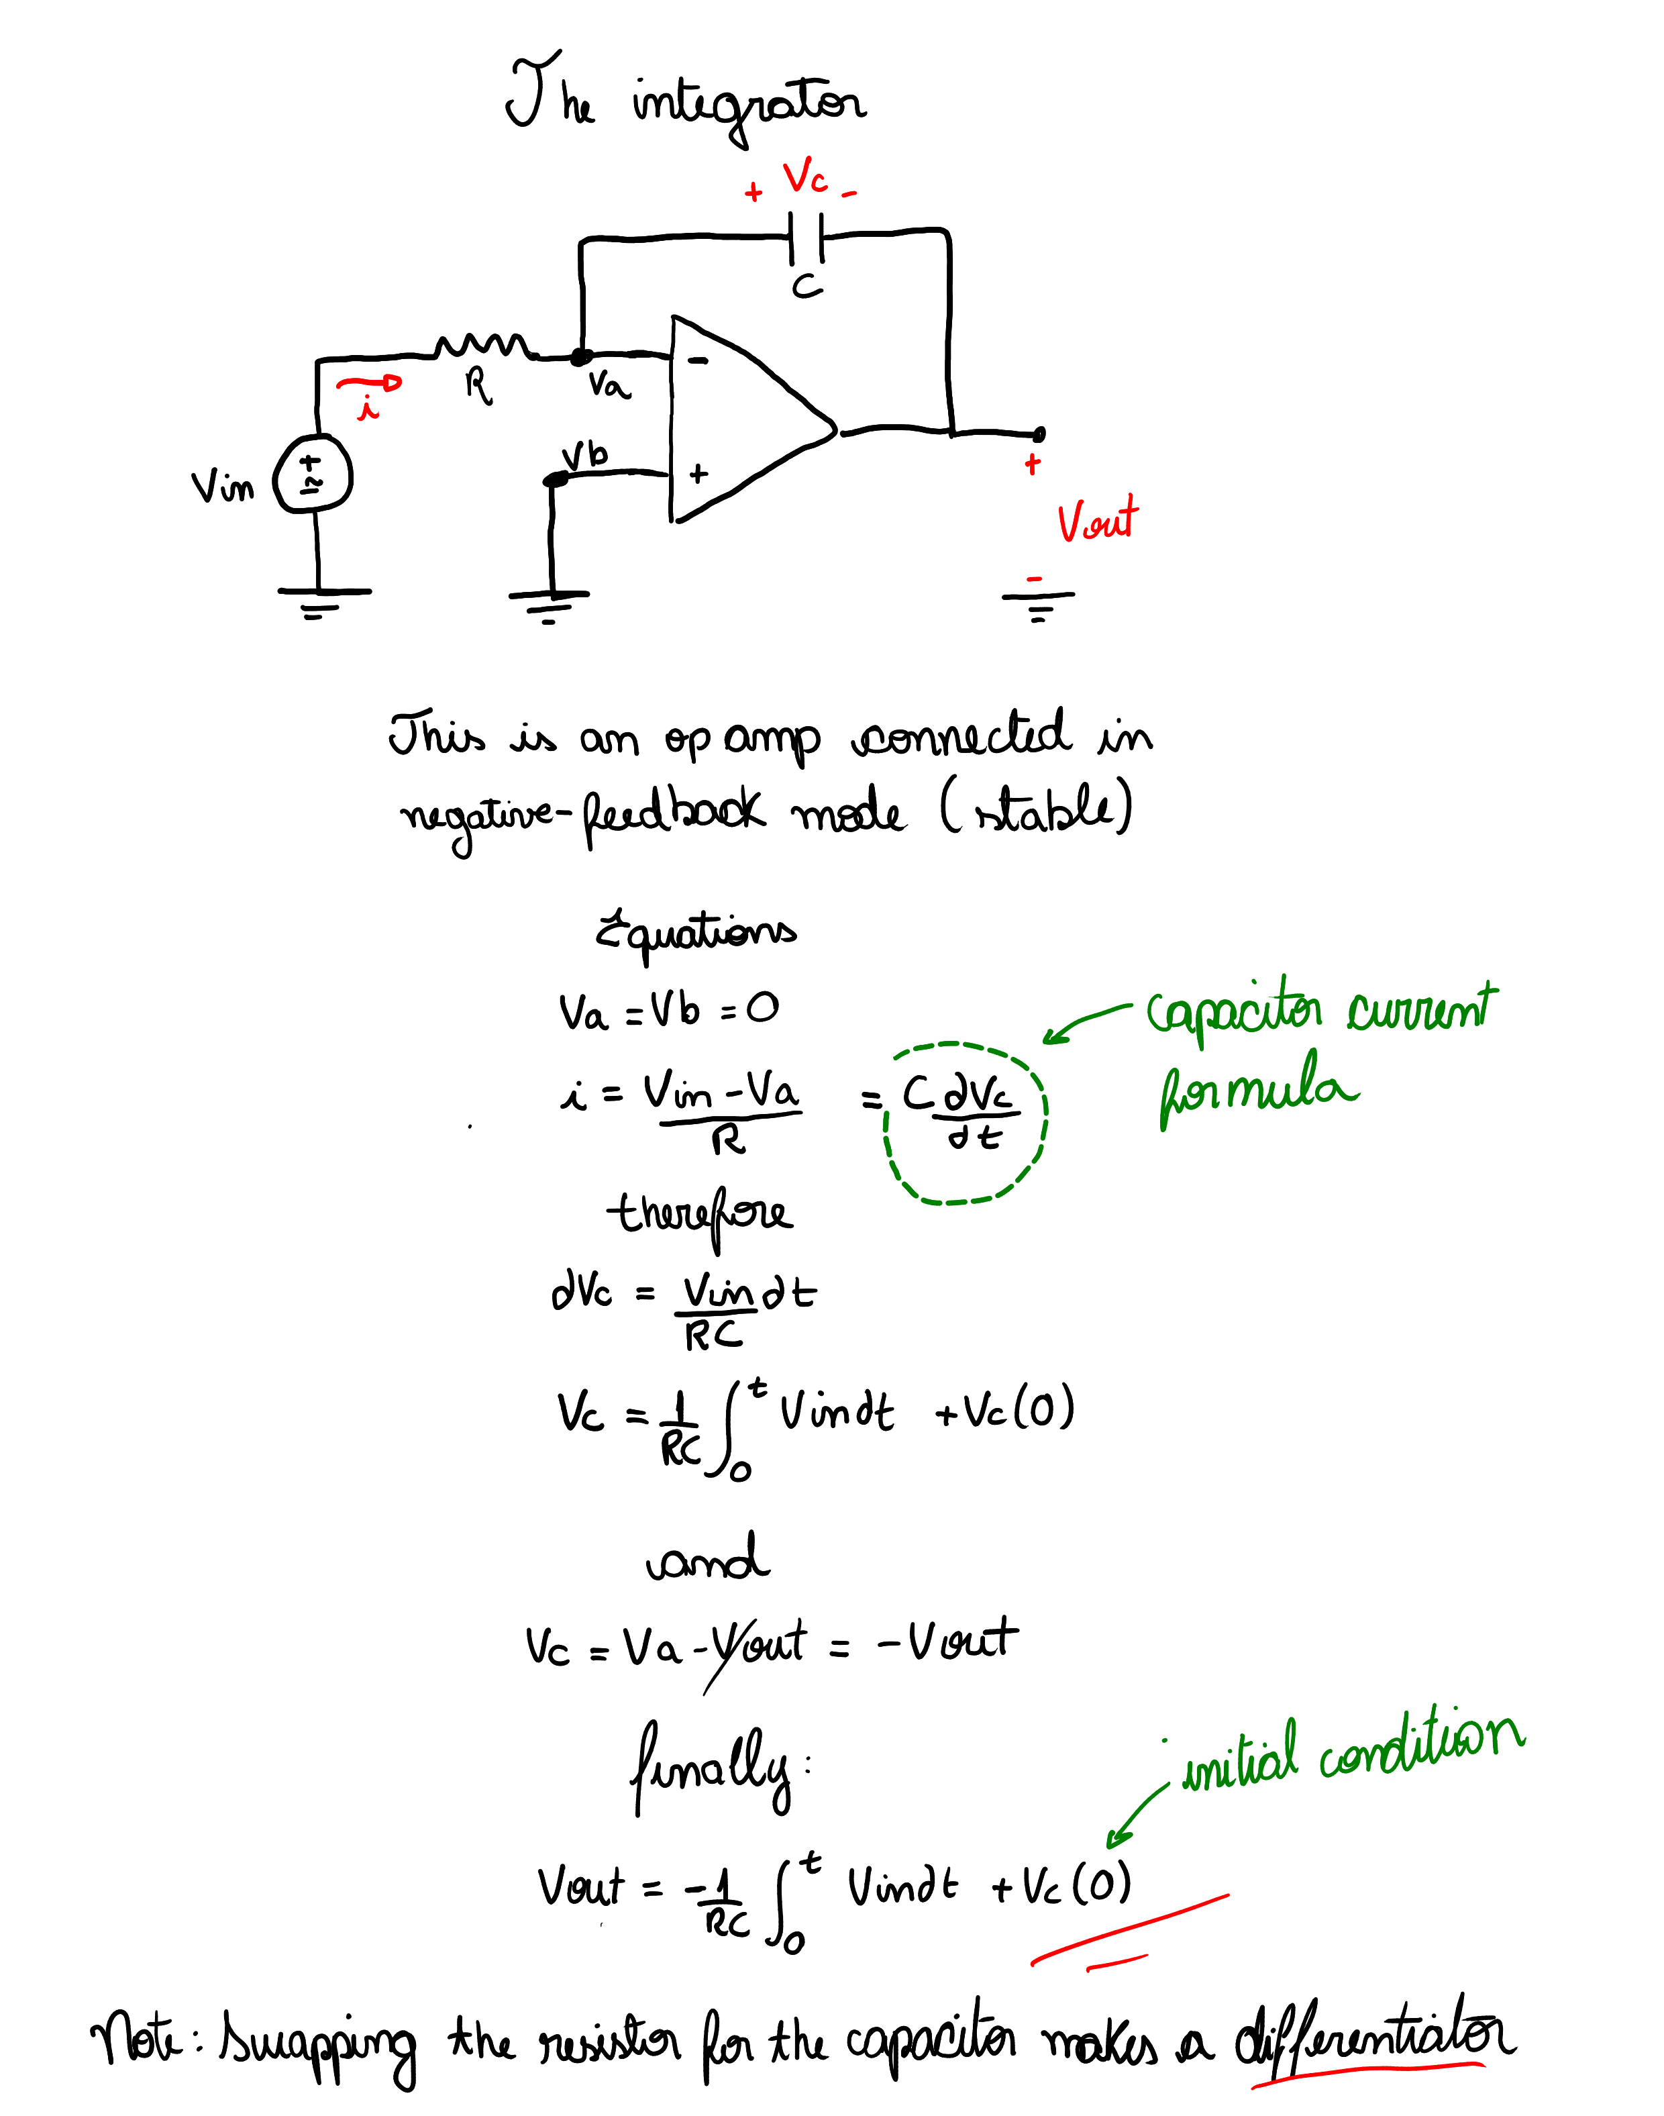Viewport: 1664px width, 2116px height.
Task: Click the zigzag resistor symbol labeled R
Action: tap(482, 345)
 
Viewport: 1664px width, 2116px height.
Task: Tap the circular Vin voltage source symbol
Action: tap(313, 474)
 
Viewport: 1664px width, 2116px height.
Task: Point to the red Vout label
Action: tap(1098, 521)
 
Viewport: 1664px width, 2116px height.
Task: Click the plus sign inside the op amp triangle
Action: tap(698, 474)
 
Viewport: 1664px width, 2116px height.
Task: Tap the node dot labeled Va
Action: tap(580, 358)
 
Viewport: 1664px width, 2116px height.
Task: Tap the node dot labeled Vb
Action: tap(554, 478)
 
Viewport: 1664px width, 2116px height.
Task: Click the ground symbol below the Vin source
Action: tap(321, 600)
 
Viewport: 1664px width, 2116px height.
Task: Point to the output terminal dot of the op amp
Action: tap(1039, 433)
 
